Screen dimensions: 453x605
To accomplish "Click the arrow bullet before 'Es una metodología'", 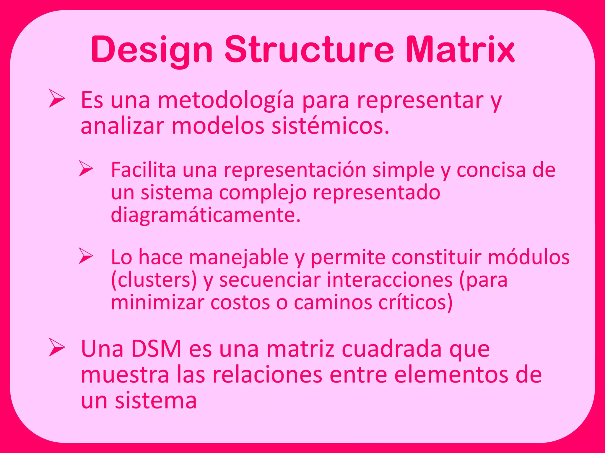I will [57, 99].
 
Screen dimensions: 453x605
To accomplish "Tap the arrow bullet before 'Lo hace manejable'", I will [86, 256].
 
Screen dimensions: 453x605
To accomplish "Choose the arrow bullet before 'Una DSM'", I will [57, 348].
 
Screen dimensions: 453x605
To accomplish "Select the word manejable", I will [239, 257].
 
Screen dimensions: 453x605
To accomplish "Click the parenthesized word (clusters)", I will [154, 280].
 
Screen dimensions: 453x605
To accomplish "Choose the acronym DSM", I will [156, 349].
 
